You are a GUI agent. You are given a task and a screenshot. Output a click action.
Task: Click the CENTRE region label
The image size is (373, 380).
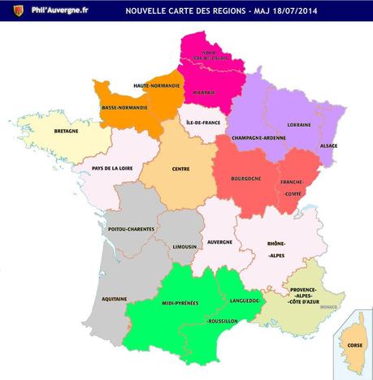181,171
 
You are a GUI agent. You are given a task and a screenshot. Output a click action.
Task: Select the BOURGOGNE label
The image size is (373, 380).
245,177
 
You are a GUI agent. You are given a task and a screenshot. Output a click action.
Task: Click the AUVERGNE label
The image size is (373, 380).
219,242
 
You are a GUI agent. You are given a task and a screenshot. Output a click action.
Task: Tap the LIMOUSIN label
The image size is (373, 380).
186,246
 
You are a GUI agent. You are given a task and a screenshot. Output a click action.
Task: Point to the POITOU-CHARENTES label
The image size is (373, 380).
132,229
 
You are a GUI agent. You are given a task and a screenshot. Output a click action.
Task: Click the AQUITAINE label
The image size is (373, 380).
114,299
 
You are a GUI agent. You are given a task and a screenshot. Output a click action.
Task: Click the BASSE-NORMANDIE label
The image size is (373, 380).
124,106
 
